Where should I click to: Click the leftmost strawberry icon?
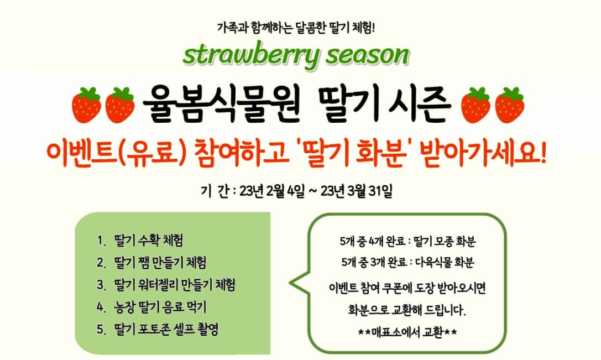87,105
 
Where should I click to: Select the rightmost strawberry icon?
509,105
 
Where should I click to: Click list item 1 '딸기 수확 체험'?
148,241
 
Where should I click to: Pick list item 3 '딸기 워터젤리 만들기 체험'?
174,285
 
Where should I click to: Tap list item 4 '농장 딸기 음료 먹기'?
159,307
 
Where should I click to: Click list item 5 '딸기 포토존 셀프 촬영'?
165,330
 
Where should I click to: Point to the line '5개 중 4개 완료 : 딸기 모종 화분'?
409,242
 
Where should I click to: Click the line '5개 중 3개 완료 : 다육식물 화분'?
409,261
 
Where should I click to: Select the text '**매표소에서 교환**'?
409,333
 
